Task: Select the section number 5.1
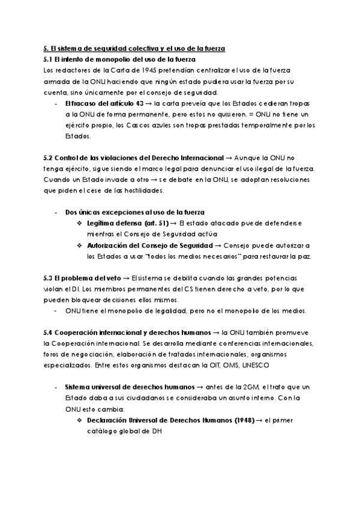49,59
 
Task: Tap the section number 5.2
49,158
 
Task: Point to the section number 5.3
49,277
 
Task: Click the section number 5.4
49,332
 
